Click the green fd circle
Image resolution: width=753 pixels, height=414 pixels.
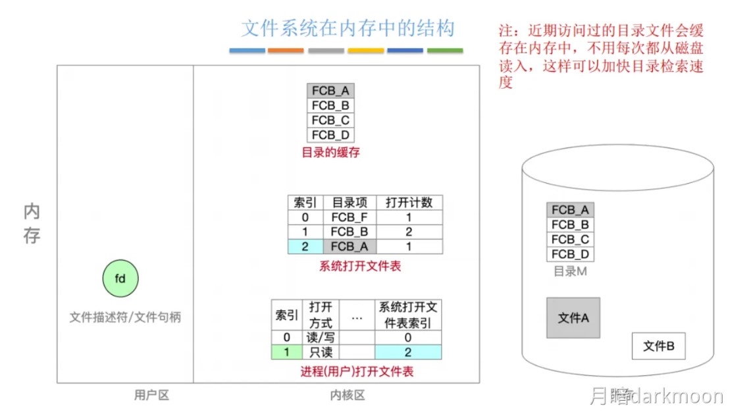pyautogui.click(x=120, y=278)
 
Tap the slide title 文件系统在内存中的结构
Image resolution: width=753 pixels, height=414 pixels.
pyautogui.click(x=348, y=29)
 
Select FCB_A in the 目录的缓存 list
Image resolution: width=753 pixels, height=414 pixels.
pyautogui.click(x=330, y=91)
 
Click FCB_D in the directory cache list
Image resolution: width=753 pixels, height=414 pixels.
pyautogui.click(x=330, y=136)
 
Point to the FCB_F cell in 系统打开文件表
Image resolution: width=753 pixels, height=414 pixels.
pyautogui.click(x=350, y=217)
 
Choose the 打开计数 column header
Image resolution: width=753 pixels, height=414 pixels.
pyautogui.click(x=409, y=202)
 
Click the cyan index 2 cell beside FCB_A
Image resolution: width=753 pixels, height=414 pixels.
pyautogui.click(x=305, y=247)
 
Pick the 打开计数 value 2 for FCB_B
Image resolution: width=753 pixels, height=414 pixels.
pyautogui.click(x=409, y=232)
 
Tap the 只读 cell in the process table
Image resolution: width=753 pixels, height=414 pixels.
pyautogui.click(x=321, y=352)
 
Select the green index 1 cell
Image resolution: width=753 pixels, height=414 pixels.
pyautogui.click(x=286, y=352)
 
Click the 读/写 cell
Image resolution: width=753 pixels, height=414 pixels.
pyautogui.click(x=321, y=338)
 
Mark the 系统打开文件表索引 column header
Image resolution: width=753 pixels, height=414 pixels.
pyautogui.click(x=408, y=315)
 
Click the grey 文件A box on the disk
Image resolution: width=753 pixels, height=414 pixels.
pyautogui.click(x=573, y=318)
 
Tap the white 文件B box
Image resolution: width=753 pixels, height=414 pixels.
pyautogui.click(x=658, y=346)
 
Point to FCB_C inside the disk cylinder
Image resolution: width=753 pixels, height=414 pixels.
pyautogui.click(x=570, y=240)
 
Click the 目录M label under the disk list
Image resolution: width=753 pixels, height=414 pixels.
pyautogui.click(x=570, y=271)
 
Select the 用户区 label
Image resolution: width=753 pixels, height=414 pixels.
pyautogui.click(x=151, y=395)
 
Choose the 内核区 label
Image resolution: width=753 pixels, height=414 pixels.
pyautogui.click(x=347, y=395)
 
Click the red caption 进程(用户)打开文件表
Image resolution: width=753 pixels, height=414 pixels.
pyautogui.click(x=357, y=372)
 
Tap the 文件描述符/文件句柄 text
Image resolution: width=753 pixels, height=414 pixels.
pyautogui.click(x=125, y=317)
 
